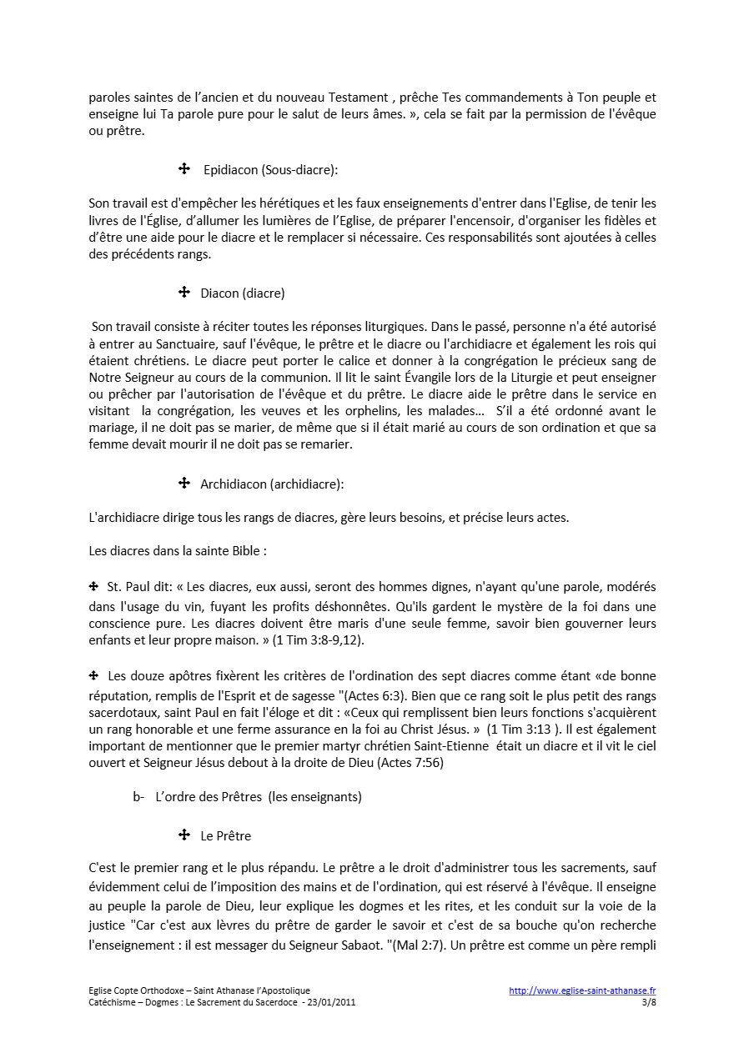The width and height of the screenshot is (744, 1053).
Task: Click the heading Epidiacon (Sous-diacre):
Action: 270,170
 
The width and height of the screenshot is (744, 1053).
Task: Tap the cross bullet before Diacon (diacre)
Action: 184,293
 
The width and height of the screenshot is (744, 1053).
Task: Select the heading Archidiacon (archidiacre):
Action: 272,484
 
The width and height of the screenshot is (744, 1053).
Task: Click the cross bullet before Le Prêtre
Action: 184,835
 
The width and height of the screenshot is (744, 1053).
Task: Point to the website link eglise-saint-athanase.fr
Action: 582,990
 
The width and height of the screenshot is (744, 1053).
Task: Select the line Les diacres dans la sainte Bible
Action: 177,551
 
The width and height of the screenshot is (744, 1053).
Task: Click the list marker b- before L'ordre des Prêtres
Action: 138,797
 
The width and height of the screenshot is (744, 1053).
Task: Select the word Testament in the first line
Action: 354,97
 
